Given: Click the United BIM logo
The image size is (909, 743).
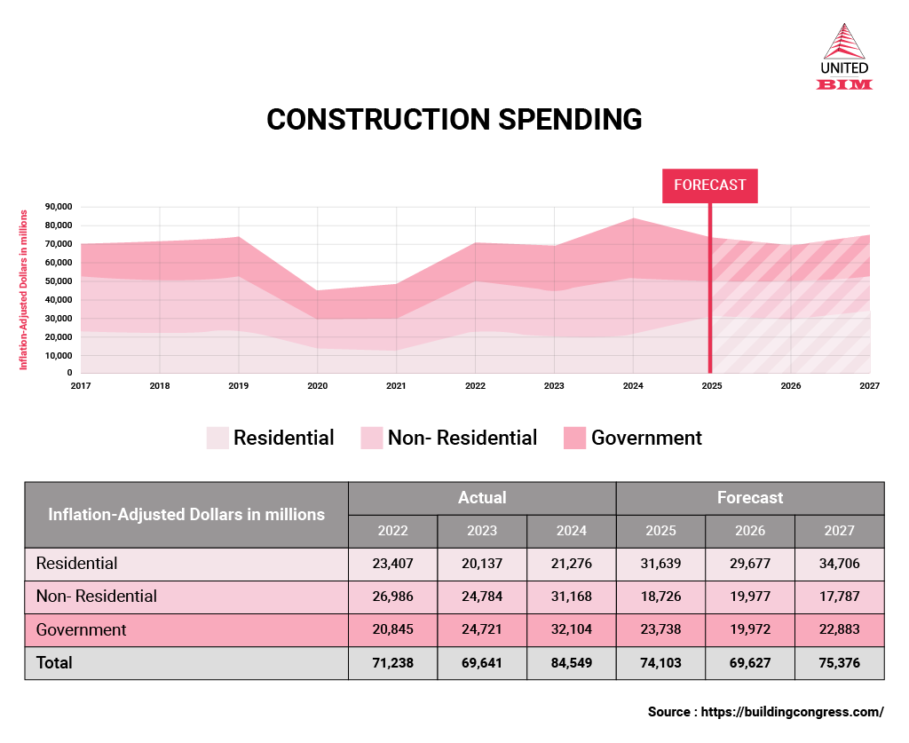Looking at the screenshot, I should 843,57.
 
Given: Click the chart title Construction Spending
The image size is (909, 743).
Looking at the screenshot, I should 454,120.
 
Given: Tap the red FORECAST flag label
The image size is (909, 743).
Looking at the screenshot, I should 709,186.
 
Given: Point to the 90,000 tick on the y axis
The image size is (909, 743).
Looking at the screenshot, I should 59,207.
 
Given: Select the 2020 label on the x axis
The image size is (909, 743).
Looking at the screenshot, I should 317,386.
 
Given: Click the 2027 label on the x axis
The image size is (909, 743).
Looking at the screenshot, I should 869,386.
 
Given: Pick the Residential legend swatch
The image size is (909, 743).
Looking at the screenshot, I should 217,439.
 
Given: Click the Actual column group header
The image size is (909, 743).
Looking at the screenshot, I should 482,498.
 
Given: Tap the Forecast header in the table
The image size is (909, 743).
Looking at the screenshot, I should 750,498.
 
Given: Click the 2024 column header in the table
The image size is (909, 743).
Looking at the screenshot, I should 572,531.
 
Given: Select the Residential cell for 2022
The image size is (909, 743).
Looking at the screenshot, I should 392,564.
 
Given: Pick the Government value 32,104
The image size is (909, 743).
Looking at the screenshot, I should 572,630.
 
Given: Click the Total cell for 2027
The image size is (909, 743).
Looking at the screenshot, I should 839,663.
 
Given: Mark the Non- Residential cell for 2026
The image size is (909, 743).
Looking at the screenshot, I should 750,597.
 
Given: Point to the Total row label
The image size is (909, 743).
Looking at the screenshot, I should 54,663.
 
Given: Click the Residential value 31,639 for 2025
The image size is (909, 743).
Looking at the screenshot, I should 660,564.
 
